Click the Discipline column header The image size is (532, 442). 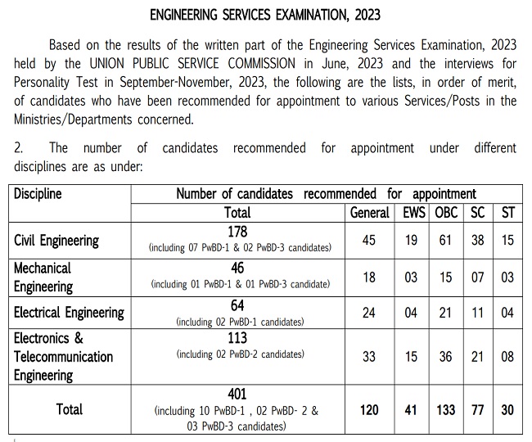pos(38,195)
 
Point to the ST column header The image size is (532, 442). pos(507,213)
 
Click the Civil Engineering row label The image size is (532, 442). pos(56,241)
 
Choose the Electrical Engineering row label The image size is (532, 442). pos(69,312)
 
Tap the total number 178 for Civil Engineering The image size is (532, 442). pos(237,232)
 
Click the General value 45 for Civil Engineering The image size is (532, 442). pos(369,240)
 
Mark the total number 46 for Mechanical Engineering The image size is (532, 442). pos(237,268)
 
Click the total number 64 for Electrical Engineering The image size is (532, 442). pos(237,305)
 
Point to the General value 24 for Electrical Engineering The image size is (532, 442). pos(369,312)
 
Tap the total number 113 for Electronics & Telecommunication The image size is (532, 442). pos(237,339)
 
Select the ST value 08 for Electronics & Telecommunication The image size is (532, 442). pos(507,356)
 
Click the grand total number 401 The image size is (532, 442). pos(237,394)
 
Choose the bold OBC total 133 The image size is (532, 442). pos(447,409)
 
